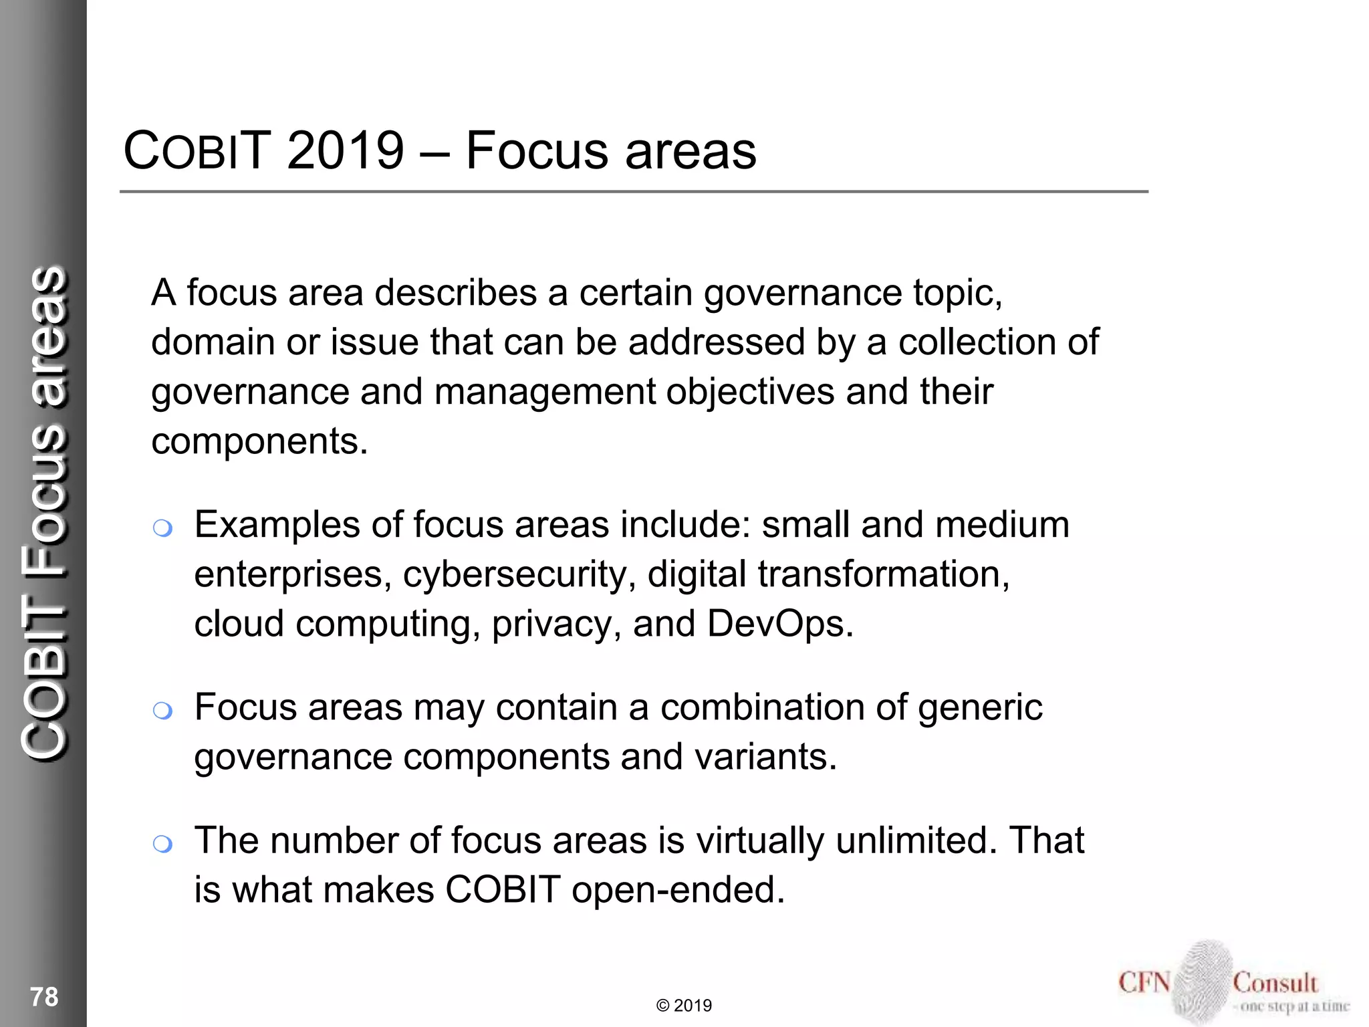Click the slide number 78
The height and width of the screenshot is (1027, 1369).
44,997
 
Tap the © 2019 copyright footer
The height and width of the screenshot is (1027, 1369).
684,1006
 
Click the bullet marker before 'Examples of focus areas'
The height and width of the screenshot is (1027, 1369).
162,529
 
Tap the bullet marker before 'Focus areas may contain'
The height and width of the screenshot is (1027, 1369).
162,711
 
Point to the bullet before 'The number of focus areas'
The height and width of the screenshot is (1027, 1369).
162,844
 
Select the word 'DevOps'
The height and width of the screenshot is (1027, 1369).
779,624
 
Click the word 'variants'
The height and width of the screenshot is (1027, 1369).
765,757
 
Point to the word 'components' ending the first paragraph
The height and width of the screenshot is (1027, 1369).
259,441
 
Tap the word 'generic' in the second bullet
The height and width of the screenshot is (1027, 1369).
980,708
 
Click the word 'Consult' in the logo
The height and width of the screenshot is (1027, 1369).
1275,983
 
